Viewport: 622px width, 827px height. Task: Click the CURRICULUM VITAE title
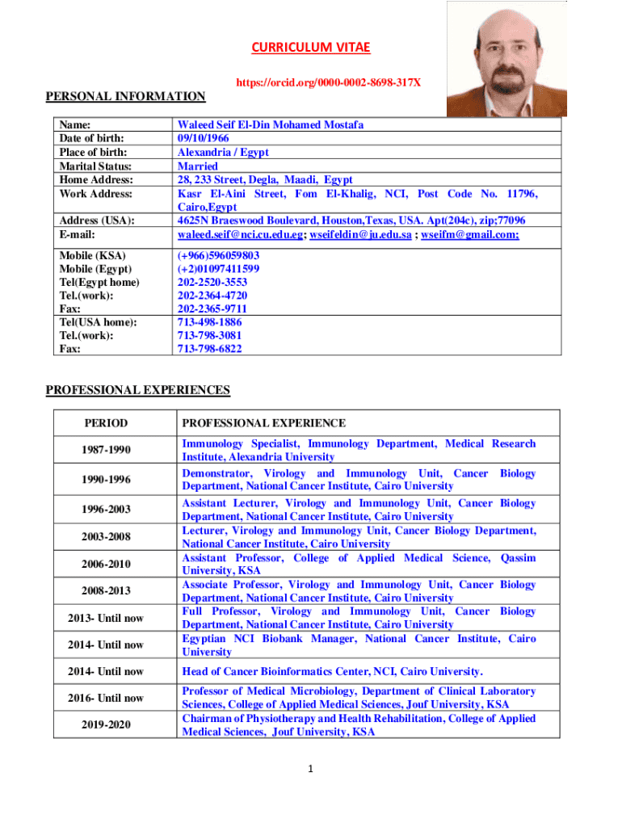click(310, 48)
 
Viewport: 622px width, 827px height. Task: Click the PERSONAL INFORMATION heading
click(125, 97)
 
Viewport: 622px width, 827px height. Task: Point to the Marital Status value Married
click(197, 166)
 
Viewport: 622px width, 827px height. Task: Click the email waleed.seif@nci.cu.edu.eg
click(240, 234)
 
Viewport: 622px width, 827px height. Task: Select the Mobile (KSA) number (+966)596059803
click(218, 255)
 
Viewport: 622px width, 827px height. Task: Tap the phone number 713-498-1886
click(209, 321)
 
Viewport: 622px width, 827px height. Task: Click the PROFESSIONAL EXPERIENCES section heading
click(137, 390)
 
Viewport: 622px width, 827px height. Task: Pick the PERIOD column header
click(106, 423)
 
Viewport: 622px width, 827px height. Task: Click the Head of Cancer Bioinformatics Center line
click(332, 671)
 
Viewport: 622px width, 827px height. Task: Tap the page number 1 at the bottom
click(310, 768)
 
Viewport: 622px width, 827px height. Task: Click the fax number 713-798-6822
click(209, 349)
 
